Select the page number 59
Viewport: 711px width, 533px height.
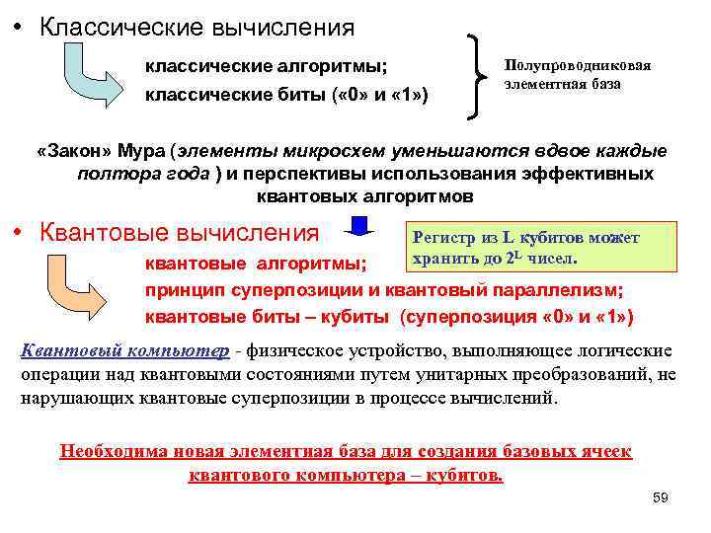[x=660, y=497]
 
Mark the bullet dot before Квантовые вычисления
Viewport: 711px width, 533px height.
[x=19, y=234]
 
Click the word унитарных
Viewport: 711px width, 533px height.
[x=453, y=376]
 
